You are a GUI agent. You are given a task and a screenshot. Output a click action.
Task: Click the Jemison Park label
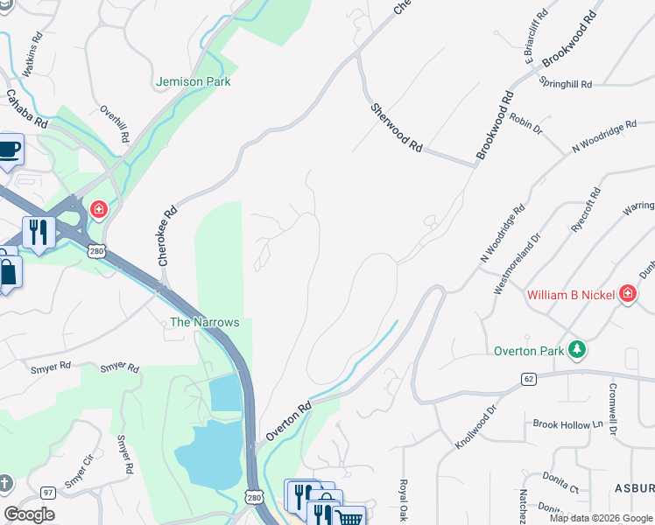click(193, 81)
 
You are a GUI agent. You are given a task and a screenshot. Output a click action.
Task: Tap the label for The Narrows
click(204, 322)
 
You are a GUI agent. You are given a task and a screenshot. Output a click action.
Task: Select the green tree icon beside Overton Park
click(576, 350)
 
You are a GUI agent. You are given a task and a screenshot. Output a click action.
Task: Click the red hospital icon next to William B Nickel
click(627, 294)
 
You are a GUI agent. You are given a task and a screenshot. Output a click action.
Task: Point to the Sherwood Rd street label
click(397, 129)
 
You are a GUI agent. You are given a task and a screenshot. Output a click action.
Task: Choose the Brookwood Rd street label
click(495, 125)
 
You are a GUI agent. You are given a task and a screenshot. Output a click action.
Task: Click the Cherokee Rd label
click(163, 236)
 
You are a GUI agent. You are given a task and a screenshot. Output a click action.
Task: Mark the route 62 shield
click(528, 379)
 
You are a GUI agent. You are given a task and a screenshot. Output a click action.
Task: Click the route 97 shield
click(47, 493)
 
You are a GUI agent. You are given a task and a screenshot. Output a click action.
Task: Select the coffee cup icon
click(9, 148)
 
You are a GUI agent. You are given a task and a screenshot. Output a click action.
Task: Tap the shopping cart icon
click(349, 516)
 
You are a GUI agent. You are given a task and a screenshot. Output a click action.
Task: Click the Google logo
click(30, 514)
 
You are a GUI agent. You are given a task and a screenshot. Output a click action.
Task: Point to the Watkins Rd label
click(31, 55)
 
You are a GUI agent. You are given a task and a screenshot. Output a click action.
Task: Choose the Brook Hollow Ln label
click(568, 424)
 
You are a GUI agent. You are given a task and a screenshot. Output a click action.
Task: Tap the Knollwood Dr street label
click(475, 427)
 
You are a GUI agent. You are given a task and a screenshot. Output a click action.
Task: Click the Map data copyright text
click(602, 518)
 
